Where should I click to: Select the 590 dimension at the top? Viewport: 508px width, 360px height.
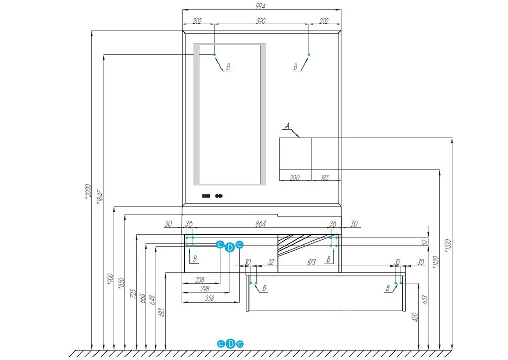tap(261, 21)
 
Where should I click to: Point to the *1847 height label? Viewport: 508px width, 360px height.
tap(100, 197)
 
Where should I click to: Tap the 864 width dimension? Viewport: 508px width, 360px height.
tap(260, 224)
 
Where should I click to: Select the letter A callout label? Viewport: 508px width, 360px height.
tap(287, 125)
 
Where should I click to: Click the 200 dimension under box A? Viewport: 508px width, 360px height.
tap(295, 178)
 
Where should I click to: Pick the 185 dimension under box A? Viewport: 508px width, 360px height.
tap(325, 178)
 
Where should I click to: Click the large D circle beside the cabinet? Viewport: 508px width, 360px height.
tap(230, 247)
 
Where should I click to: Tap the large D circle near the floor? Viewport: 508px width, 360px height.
tap(230, 344)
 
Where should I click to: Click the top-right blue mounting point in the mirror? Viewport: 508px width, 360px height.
tap(308, 54)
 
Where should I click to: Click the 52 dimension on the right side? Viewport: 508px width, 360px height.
tap(425, 242)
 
